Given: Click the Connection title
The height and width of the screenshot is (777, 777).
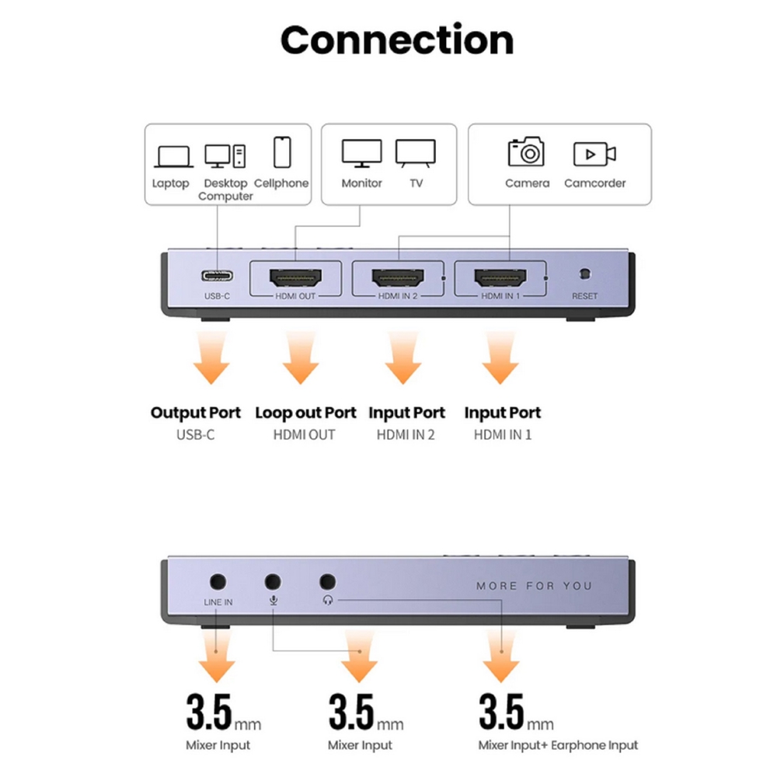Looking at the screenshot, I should (396, 40).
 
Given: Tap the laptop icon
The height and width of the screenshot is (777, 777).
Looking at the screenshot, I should (173, 156).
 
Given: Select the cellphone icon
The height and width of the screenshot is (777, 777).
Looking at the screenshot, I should (282, 152).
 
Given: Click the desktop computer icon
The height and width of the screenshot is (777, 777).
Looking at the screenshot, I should (225, 156).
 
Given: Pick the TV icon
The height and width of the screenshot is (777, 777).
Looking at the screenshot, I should (416, 154).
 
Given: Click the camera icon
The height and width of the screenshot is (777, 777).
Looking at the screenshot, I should (526, 152).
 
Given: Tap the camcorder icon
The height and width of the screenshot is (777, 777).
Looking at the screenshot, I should (594, 154).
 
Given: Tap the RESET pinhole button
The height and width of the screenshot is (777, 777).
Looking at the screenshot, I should (584, 274).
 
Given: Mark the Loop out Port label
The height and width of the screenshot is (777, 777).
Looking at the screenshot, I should (305, 413).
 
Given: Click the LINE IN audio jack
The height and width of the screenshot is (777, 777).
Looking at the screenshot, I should (218, 581).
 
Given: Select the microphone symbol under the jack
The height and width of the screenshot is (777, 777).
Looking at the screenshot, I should (273, 601).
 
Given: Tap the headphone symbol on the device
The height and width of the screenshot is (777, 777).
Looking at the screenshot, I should (327, 601).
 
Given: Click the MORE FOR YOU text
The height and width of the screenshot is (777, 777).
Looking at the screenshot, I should (534, 586).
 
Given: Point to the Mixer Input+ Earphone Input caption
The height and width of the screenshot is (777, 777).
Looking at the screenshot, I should (558, 745).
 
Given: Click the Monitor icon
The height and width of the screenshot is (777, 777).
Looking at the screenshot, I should (362, 154).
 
